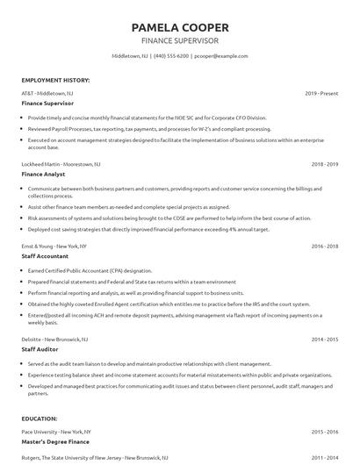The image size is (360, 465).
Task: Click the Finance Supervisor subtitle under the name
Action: click(179, 39)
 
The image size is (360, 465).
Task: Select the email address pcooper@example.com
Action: click(221, 56)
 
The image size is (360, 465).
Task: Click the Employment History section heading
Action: click(54, 80)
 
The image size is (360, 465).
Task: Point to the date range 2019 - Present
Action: click(322, 92)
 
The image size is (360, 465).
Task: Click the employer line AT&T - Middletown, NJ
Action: click(47, 92)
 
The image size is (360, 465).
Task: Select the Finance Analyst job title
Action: click(44, 174)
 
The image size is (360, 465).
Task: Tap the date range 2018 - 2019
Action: click(325, 164)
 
